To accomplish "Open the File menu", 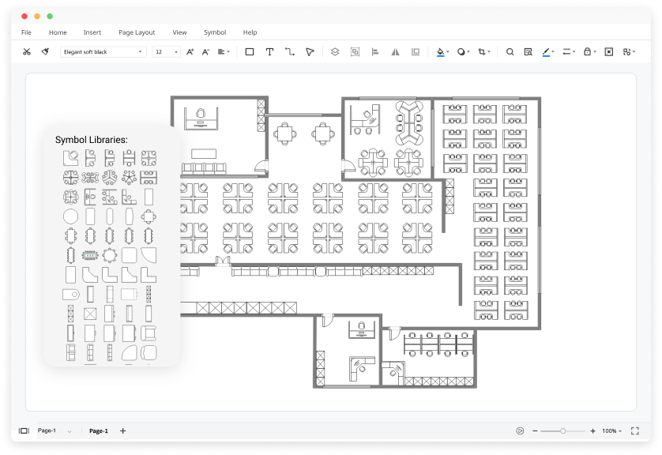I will tap(26, 32).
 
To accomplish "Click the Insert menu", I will tap(92, 32).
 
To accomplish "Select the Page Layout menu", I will tap(137, 32).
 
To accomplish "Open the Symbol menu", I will tap(215, 32).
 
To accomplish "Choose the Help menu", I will tap(250, 32).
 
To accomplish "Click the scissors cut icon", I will tap(26, 52).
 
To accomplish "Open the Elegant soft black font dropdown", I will tap(103, 52).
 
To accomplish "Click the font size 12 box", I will tap(166, 52).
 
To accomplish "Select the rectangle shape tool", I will tap(250, 52).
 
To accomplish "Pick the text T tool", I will tap(269, 52).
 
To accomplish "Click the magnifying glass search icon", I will tap(510, 52).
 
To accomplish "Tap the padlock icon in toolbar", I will tap(587, 52).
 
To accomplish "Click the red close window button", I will tap(24, 16).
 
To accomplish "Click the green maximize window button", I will tap(50, 16).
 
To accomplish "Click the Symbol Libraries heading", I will tap(91, 140).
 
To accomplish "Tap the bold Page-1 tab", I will tap(99, 431).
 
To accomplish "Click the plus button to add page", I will tap(122, 431).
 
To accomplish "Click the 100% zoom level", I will tap(609, 431).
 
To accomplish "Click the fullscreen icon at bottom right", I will tap(634, 431).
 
